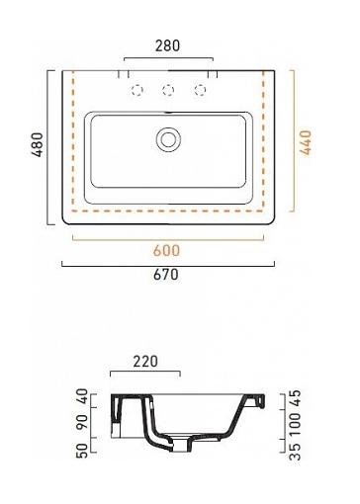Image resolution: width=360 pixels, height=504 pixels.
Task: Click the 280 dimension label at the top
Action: pos(167,45)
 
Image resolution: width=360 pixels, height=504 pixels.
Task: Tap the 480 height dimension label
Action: pos(38,144)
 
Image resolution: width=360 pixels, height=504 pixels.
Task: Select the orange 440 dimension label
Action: pos(306,142)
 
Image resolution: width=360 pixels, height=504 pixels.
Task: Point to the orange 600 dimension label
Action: pos(166,251)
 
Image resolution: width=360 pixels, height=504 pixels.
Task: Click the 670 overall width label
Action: pos(166,275)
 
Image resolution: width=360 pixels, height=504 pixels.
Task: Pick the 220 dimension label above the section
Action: pos(145,362)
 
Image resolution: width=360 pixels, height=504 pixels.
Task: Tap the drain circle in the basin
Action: pos(168,139)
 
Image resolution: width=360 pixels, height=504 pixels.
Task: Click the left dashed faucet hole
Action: pos(137,90)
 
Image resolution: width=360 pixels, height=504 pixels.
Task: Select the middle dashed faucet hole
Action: pos(168,90)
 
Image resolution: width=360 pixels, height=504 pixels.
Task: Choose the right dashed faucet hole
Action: pos(200,90)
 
